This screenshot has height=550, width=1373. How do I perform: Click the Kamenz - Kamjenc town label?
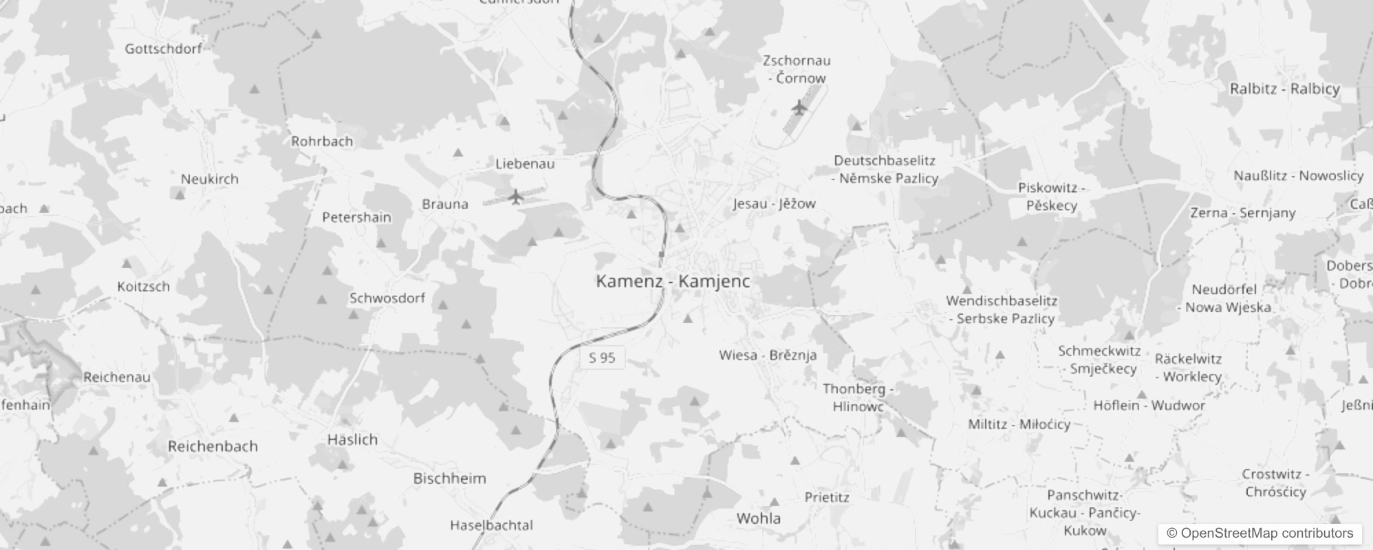(673, 281)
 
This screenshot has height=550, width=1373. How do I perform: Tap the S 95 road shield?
(602, 357)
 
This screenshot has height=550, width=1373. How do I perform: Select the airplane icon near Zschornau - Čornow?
(798, 107)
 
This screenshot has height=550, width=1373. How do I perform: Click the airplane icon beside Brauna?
(516, 197)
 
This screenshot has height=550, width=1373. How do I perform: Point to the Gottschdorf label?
(164, 49)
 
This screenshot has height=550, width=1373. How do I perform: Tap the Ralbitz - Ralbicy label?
(1285, 89)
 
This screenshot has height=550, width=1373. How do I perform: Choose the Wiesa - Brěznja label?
(768, 355)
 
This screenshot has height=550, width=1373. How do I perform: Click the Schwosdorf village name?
(387, 298)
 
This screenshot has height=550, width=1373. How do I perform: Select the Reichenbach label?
(213, 446)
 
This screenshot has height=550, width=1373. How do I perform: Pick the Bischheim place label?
(449, 478)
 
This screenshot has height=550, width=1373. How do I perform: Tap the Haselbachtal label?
(491, 525)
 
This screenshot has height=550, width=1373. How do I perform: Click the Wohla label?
(758, 518)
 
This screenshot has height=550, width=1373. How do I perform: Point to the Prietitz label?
(827, 497)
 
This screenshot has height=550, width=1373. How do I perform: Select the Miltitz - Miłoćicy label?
(1019, 424)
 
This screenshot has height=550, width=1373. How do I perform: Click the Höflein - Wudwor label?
(1149, 406)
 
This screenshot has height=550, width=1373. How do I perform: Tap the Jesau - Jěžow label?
(774, 203)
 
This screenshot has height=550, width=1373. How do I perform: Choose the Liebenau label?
(525, 164)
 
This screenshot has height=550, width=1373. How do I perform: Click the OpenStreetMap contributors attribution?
(1260, 533)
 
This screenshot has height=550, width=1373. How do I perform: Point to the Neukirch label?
(210, 179)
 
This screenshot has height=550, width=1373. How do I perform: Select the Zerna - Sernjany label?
(1243, 213)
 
